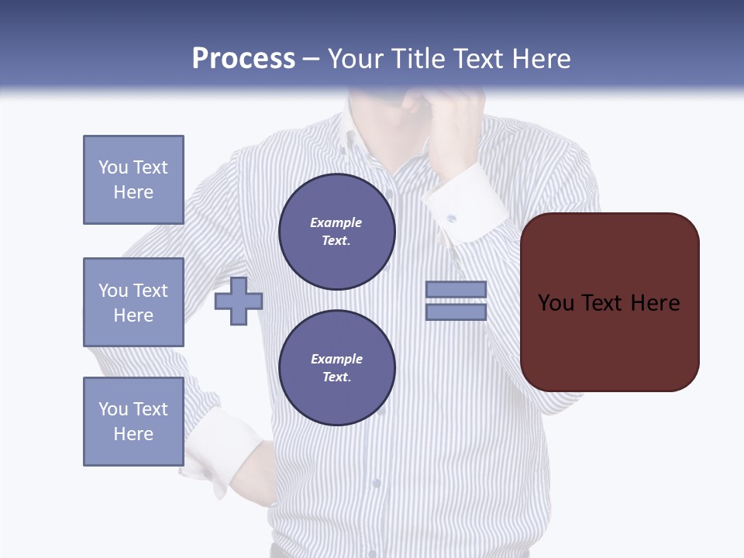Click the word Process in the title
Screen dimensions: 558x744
(243, 59)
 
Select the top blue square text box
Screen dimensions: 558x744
(133, 180)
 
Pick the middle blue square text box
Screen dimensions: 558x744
(133, 302)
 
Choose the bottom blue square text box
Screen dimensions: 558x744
(133, 422)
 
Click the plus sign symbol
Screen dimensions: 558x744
(239, 301)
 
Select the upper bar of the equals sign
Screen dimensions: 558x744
(456, 289)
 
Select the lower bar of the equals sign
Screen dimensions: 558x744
(456, 312)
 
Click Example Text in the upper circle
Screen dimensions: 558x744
(336, 231)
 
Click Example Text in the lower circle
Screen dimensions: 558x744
(336, 367)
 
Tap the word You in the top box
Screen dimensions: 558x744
(113, 167)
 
